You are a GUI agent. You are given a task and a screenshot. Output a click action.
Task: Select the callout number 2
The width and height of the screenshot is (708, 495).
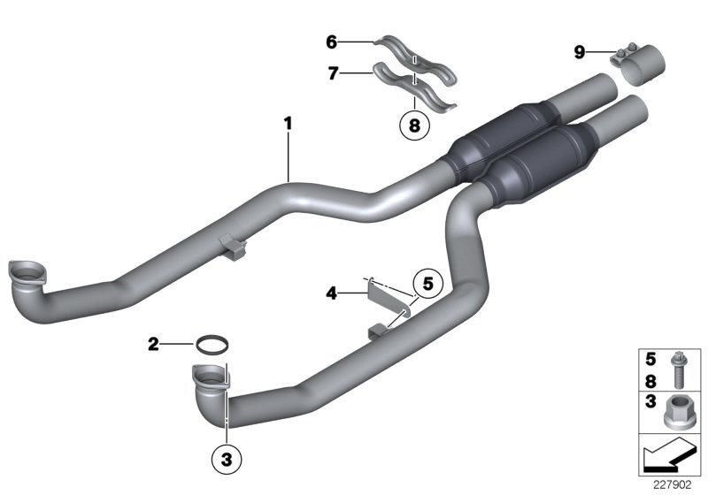(x=153, y=344)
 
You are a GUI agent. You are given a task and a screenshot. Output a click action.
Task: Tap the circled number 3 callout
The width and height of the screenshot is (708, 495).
(x=226, y=458)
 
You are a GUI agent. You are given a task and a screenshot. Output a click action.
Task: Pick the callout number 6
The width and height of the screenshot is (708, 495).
(x=332, y=41)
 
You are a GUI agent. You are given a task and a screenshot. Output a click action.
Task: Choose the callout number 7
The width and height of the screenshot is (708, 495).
(x=333, y=74)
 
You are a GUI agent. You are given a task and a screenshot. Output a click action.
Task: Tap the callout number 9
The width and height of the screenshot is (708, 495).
(x=579, y=53)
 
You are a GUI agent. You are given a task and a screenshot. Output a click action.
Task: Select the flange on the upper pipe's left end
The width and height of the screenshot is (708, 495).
(x=24, y=272)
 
